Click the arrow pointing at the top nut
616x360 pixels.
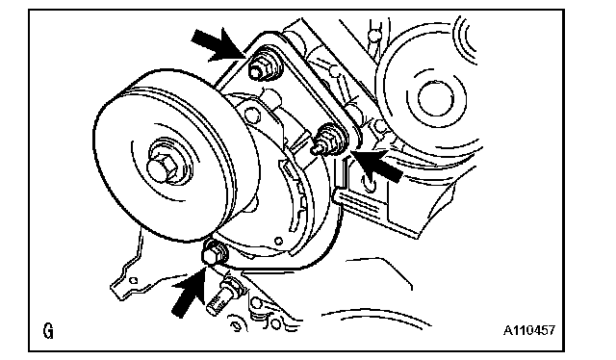pyautogui.click(x=219, y=45)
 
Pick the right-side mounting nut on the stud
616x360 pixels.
pyautogui.click(x=327, y=140)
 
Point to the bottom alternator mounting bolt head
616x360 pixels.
pyautogui.click(x=214, y=252)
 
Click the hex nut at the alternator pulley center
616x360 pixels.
pyautogui.click(x=162, y=167)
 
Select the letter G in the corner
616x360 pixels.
pyautogui.click(x=48, y=331)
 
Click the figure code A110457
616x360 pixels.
pyautogui.click(x=529, y=330)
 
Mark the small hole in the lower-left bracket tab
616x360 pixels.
pyautogui.click(x=134, y=280)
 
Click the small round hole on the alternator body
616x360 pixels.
pyautogui.click(x=278, y=241)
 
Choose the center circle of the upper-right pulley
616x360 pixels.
pyautogui.click(x=436, y=98)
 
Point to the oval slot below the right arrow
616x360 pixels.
pyautogui.click(x=371, y=183)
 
